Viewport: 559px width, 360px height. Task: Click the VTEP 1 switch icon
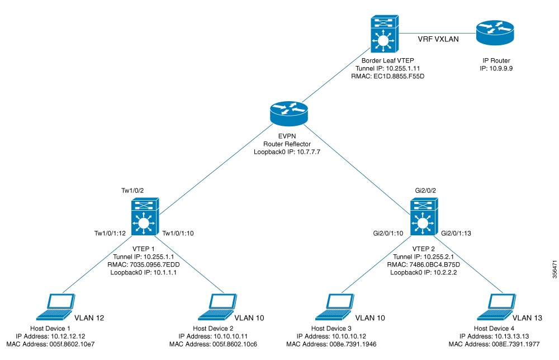pyautogui.click(x=145, y=217)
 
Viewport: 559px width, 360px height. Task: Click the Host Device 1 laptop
pyautogui.click(x=59, y=304)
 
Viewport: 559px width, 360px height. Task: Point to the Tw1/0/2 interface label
pyautogui.click(x=133, y=191)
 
